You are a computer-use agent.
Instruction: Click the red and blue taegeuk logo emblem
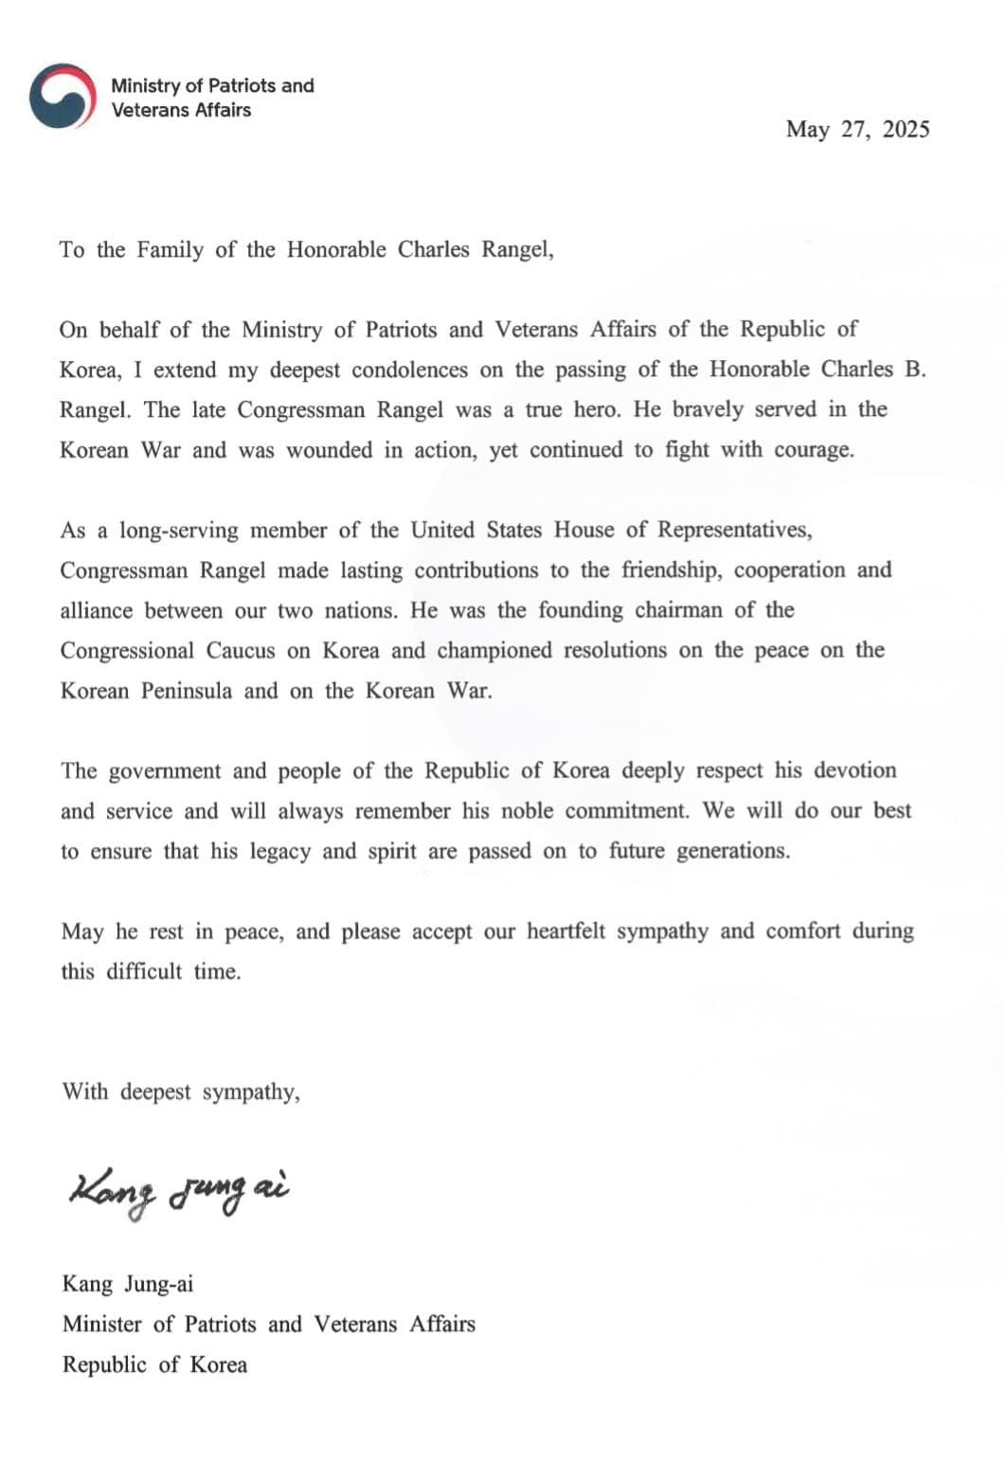[x=63, y=96]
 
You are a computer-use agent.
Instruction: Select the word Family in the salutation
[x=170, y=250]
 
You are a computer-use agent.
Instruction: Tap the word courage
[x=814, y=450]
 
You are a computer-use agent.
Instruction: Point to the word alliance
[x=98, y=610]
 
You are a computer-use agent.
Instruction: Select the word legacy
[x=279, y=851]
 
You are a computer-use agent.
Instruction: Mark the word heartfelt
[x=565, y=931]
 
